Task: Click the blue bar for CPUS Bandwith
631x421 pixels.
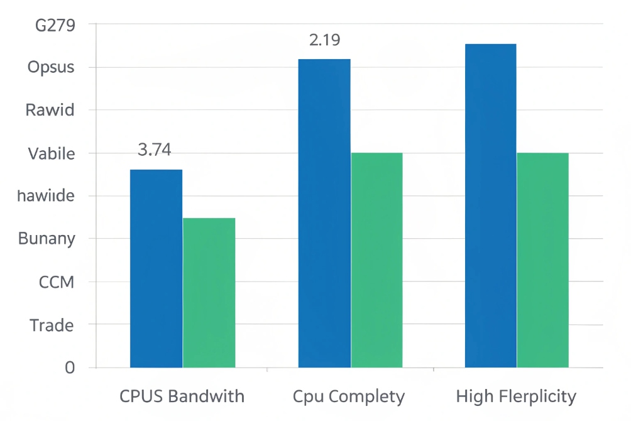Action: [156, 269]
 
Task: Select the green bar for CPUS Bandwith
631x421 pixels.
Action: [209, 293]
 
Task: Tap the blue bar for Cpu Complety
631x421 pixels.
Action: [324, 214]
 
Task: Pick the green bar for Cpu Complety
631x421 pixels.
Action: [376, 260]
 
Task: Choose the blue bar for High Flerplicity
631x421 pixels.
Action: [490, 206]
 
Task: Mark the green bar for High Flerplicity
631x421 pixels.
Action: [542, 260]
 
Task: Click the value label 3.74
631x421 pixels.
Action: [154, 150]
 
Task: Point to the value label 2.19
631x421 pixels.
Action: [324, 40]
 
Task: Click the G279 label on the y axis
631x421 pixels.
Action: [56, 25]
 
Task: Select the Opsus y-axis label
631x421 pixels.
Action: [51, 67]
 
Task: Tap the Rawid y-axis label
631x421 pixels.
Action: [50, 111]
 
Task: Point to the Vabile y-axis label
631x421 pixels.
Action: [52, 153]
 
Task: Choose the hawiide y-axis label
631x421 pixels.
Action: [46, 196]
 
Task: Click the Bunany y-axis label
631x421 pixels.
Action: [47, 239]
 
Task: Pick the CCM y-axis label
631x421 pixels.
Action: [57, 282]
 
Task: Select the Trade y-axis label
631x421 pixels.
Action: [52, 325]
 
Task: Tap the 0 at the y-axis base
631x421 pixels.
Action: [70, 368]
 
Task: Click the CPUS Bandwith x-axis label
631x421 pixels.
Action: [182, 396]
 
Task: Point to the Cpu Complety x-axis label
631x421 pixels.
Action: [349, 396]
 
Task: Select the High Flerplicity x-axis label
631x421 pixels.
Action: [515, 396]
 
